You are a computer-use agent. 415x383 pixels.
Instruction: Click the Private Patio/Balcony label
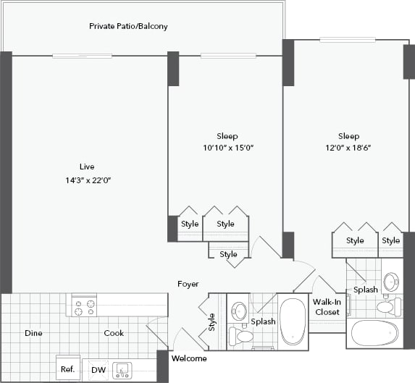click(128, 26)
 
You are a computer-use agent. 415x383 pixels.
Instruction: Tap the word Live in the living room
click(88, 166)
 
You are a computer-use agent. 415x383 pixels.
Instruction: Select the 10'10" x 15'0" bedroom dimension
click(227, 148)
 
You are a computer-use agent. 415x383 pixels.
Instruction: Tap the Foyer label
click(188, 284)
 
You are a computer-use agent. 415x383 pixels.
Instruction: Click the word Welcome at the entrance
click(189, 358)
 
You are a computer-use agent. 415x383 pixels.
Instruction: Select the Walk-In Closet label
click(327, 307)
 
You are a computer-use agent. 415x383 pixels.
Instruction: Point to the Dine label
click(33, 333)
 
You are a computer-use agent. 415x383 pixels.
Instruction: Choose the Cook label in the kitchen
click(113, 333)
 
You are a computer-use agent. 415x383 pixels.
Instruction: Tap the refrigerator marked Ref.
click(68, 369)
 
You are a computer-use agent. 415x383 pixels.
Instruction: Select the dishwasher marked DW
click(98, 369)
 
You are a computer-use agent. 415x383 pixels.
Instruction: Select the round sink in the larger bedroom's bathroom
click(390, 282)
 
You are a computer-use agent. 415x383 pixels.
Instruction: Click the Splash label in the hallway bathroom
click(263, 321)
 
